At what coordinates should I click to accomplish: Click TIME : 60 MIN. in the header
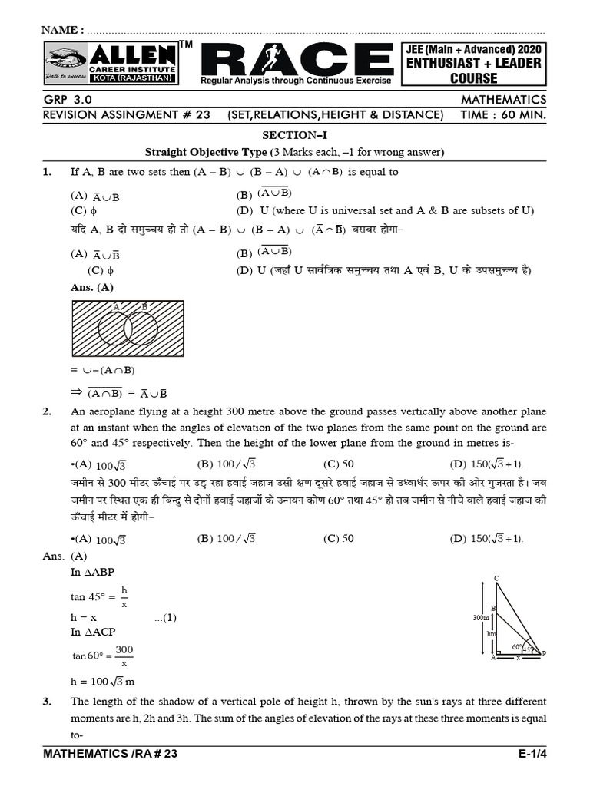(504, 115)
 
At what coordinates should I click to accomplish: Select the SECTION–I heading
(295, 135)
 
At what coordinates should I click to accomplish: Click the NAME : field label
(63, 29)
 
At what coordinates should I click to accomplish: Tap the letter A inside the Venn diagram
(117, 306)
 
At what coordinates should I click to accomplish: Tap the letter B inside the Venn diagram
(144, 306)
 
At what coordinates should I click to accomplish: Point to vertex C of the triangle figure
(496, 578)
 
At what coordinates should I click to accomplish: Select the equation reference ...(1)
(165, 617)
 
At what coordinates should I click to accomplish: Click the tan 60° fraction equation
(103, 656)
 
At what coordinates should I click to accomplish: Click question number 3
(47, 702)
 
